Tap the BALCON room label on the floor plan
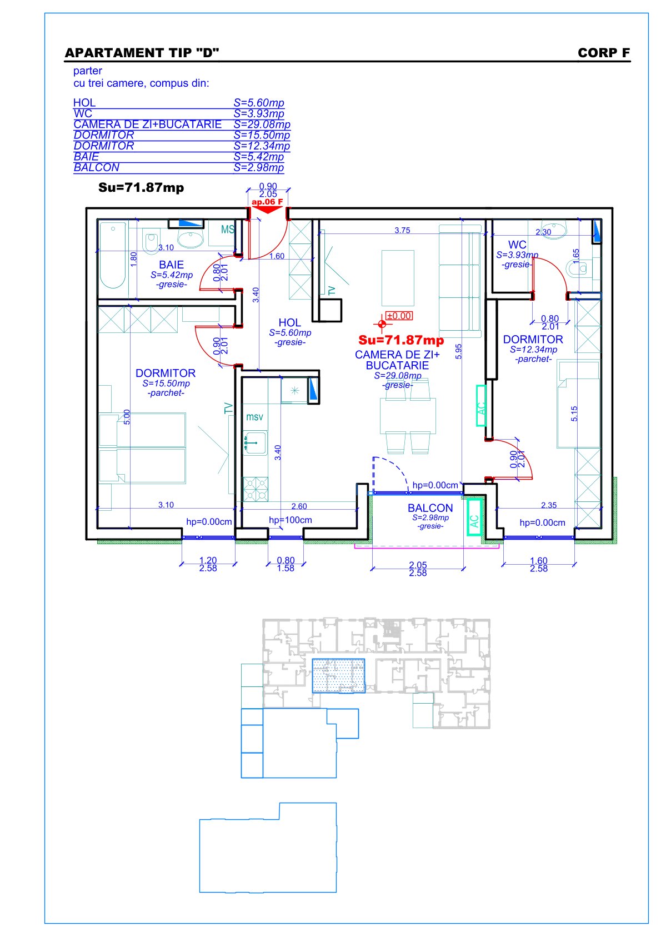tap(430, 508)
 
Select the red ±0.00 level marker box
tap(399, 316)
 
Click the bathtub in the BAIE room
tap(112, 255)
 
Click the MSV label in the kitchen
tap(254, 417)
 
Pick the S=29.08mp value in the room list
tap(262, 125)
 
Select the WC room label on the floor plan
tap(517, 245)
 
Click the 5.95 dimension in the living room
tap(458, 351)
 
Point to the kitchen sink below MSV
tap(255, 442)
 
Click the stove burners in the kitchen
tap(255, 489)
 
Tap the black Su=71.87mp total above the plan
tap(141, 188)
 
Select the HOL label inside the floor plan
tap(290, 322)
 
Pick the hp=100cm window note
tap(290, 520)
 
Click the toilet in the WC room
tap(578, 268)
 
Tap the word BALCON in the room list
tap(97, 167)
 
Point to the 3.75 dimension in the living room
tap(402, 230)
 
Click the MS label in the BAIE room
tap(228, 230)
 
